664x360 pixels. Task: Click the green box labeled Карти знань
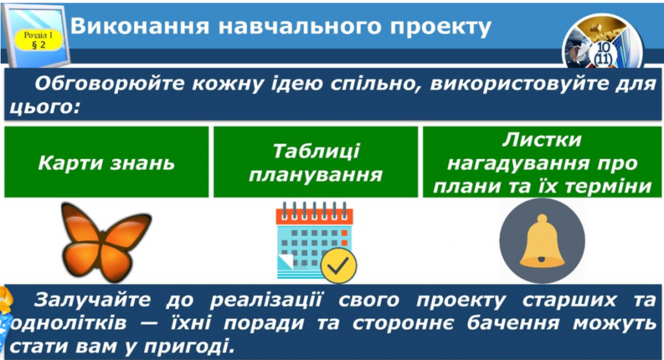(x=106, y=162)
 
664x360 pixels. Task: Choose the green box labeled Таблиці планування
(x=316, y=162)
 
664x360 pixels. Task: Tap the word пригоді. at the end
(x=193, y=344)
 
